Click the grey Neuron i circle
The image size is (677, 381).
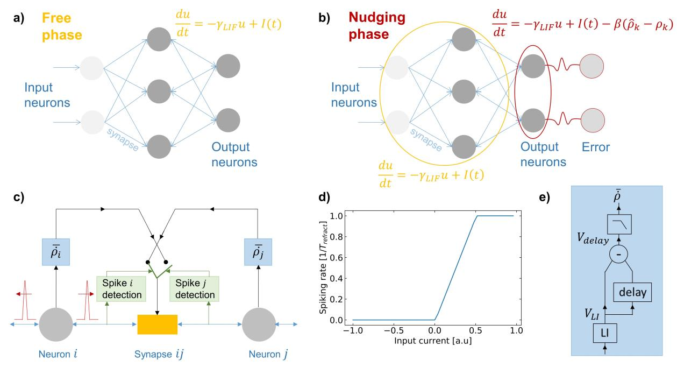[55, 324]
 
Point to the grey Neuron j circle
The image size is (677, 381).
[259, 324]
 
